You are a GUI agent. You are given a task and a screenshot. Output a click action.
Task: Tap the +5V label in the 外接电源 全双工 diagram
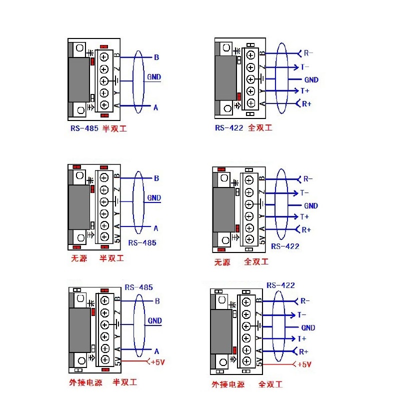click(x=304, y=364)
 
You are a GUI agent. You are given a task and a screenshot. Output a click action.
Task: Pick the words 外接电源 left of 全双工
click(x=228, y=384)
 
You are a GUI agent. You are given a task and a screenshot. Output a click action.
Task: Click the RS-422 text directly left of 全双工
click(x=229, y=128)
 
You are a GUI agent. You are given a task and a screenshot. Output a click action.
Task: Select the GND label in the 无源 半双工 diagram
click(x=154, y=198)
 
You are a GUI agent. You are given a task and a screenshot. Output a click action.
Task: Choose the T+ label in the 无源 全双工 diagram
click(x=304, y=216)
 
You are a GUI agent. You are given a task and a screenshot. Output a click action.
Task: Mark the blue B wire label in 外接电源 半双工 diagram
click(x=157, y=301)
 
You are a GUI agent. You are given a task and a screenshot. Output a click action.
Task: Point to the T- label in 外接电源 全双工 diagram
click(x=302, y=315)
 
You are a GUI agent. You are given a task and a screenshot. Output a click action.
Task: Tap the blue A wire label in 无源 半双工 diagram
click(x=156, y=228)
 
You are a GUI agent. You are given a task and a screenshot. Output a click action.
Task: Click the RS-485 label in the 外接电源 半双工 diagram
click(x=139, y=287)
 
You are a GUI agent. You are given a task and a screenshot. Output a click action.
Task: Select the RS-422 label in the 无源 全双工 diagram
click(x=285, y=246)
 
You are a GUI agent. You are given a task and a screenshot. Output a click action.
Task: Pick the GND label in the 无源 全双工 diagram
click(x=310, y=205)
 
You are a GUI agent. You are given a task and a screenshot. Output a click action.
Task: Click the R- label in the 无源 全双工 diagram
click(x=307, y=179)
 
